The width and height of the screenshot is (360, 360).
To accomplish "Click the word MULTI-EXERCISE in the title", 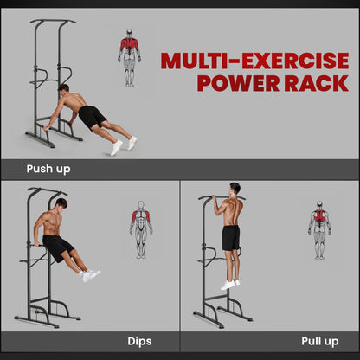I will [x=254, y=61].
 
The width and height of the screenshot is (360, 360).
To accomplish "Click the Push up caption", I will [x=48, y=170].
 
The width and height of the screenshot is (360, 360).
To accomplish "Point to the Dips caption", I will [x=139, y=341].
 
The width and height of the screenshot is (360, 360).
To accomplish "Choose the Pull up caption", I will [x=319, y=341].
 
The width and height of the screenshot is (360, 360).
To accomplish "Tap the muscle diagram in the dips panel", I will [x=140, y=229].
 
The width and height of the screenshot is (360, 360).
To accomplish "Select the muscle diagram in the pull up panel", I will [x=319, y=230].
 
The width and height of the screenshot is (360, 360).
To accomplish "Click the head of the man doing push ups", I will [x=63, y=89].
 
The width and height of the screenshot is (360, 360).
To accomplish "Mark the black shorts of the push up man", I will [x=93, y=116].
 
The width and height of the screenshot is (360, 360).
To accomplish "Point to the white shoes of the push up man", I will [x=122, y=145].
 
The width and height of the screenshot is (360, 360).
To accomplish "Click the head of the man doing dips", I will [x=61, y=203].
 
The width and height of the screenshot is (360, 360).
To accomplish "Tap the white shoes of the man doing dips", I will [x=90, y=276].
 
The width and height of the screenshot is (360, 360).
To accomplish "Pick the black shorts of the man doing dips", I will [x=58, y=247].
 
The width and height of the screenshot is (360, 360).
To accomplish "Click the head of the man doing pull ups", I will [x=234, y=189].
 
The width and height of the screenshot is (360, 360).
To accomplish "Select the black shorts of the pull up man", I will [x=231, y=237].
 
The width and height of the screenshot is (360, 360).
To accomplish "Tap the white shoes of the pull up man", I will [x=228, y=284].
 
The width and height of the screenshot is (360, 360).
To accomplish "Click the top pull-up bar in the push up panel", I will [x=51, y=22].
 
